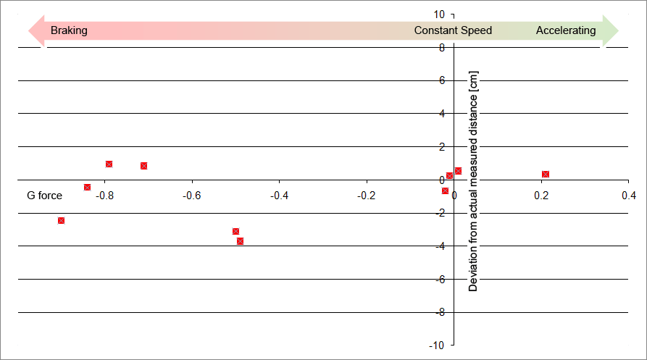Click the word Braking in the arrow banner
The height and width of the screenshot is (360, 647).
[69, 30]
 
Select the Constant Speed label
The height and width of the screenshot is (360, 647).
[453, 30]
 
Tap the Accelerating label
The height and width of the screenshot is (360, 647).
[566, 30]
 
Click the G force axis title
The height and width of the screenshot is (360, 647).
[45, 196]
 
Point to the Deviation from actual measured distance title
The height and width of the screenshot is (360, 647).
[473, 181]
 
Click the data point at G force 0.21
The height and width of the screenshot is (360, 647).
[546, 174]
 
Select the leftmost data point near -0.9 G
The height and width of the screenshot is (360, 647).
[61, 220]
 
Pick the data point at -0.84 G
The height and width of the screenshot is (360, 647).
[87, 187]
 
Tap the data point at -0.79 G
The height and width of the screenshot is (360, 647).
[109, 164]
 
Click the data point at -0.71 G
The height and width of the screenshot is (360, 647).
[143, 165]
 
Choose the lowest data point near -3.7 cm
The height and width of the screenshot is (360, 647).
[240, 240]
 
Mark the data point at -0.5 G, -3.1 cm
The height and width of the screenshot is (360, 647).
[235, 231]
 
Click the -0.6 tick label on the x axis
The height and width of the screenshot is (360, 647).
[191, 196]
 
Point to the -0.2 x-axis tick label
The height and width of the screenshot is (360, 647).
[367, 196]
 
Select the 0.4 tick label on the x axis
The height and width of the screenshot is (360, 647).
[628, 196]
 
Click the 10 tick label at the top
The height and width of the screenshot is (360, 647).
[439, 14]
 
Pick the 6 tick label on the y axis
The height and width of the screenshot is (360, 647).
[441, 80]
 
